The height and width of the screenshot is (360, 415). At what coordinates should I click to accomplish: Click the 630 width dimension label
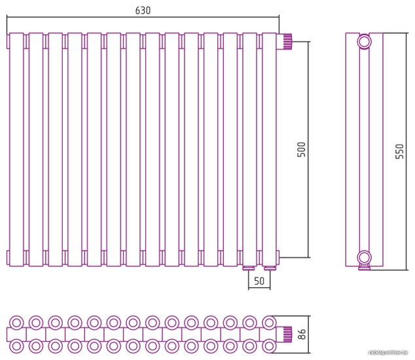pos(142,10)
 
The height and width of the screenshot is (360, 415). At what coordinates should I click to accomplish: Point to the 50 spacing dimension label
pos(259,281)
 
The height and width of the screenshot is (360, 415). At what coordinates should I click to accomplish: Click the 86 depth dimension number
pos(302,334)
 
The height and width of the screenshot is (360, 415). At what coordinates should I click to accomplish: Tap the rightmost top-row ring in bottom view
pos(269,323)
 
